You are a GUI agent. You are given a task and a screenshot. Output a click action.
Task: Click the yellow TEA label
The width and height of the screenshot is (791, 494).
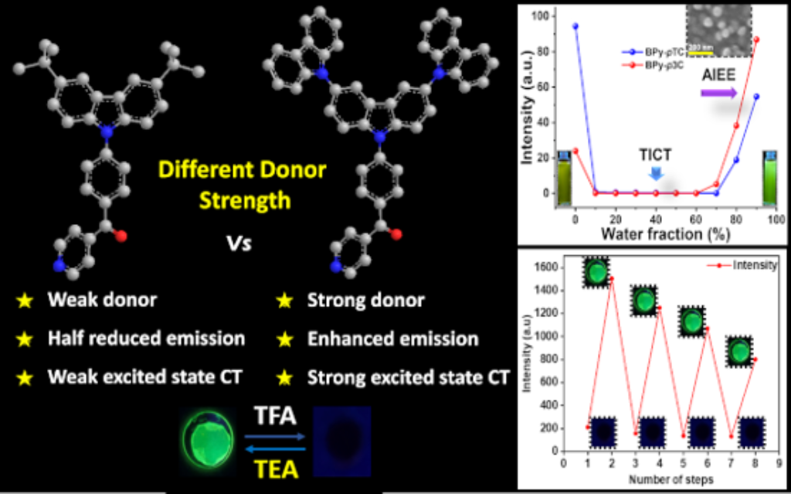click(x=274, y=468)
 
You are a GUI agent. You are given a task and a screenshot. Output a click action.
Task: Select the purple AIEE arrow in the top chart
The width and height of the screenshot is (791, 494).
click(x=718, y=93)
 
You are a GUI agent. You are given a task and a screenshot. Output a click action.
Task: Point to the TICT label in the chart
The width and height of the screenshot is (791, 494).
click(x=656, y=154)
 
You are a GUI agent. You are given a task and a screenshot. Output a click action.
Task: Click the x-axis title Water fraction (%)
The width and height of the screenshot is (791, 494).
click(x=657, y=233)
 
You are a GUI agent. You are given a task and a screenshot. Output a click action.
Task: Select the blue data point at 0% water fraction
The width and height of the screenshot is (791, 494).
click(x=575, y=26)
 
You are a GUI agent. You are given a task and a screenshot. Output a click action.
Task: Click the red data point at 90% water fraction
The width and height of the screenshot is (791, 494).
click(x=755, y=39)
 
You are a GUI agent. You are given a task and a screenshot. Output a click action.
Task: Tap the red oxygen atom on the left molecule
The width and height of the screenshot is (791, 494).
click(x=121, y=237)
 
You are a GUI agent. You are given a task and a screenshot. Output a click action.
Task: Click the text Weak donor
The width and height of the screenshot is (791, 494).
click(x=101, y=301)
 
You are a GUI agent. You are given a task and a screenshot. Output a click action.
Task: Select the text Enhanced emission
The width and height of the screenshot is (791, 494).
click(x=392, y=339)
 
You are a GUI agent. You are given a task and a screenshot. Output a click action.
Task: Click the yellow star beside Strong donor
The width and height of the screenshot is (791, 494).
click(x=285, y=302)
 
